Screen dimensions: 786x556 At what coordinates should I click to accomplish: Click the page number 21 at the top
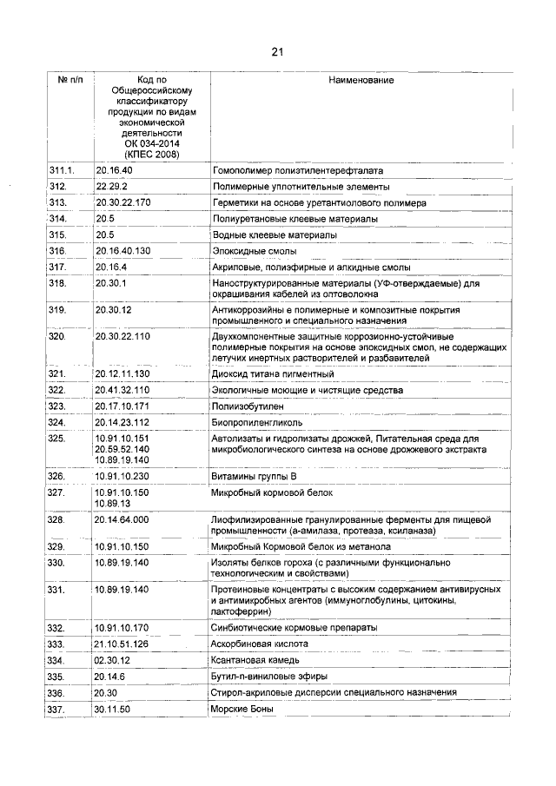(x=278, y=51)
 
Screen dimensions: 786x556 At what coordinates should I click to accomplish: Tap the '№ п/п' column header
(x=70, y=81)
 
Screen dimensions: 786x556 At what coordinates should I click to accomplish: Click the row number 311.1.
(x=63, y=171)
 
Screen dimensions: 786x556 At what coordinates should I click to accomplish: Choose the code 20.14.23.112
(x=123, y=423)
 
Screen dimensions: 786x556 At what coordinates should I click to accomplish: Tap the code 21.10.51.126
(x=123, y=644)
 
